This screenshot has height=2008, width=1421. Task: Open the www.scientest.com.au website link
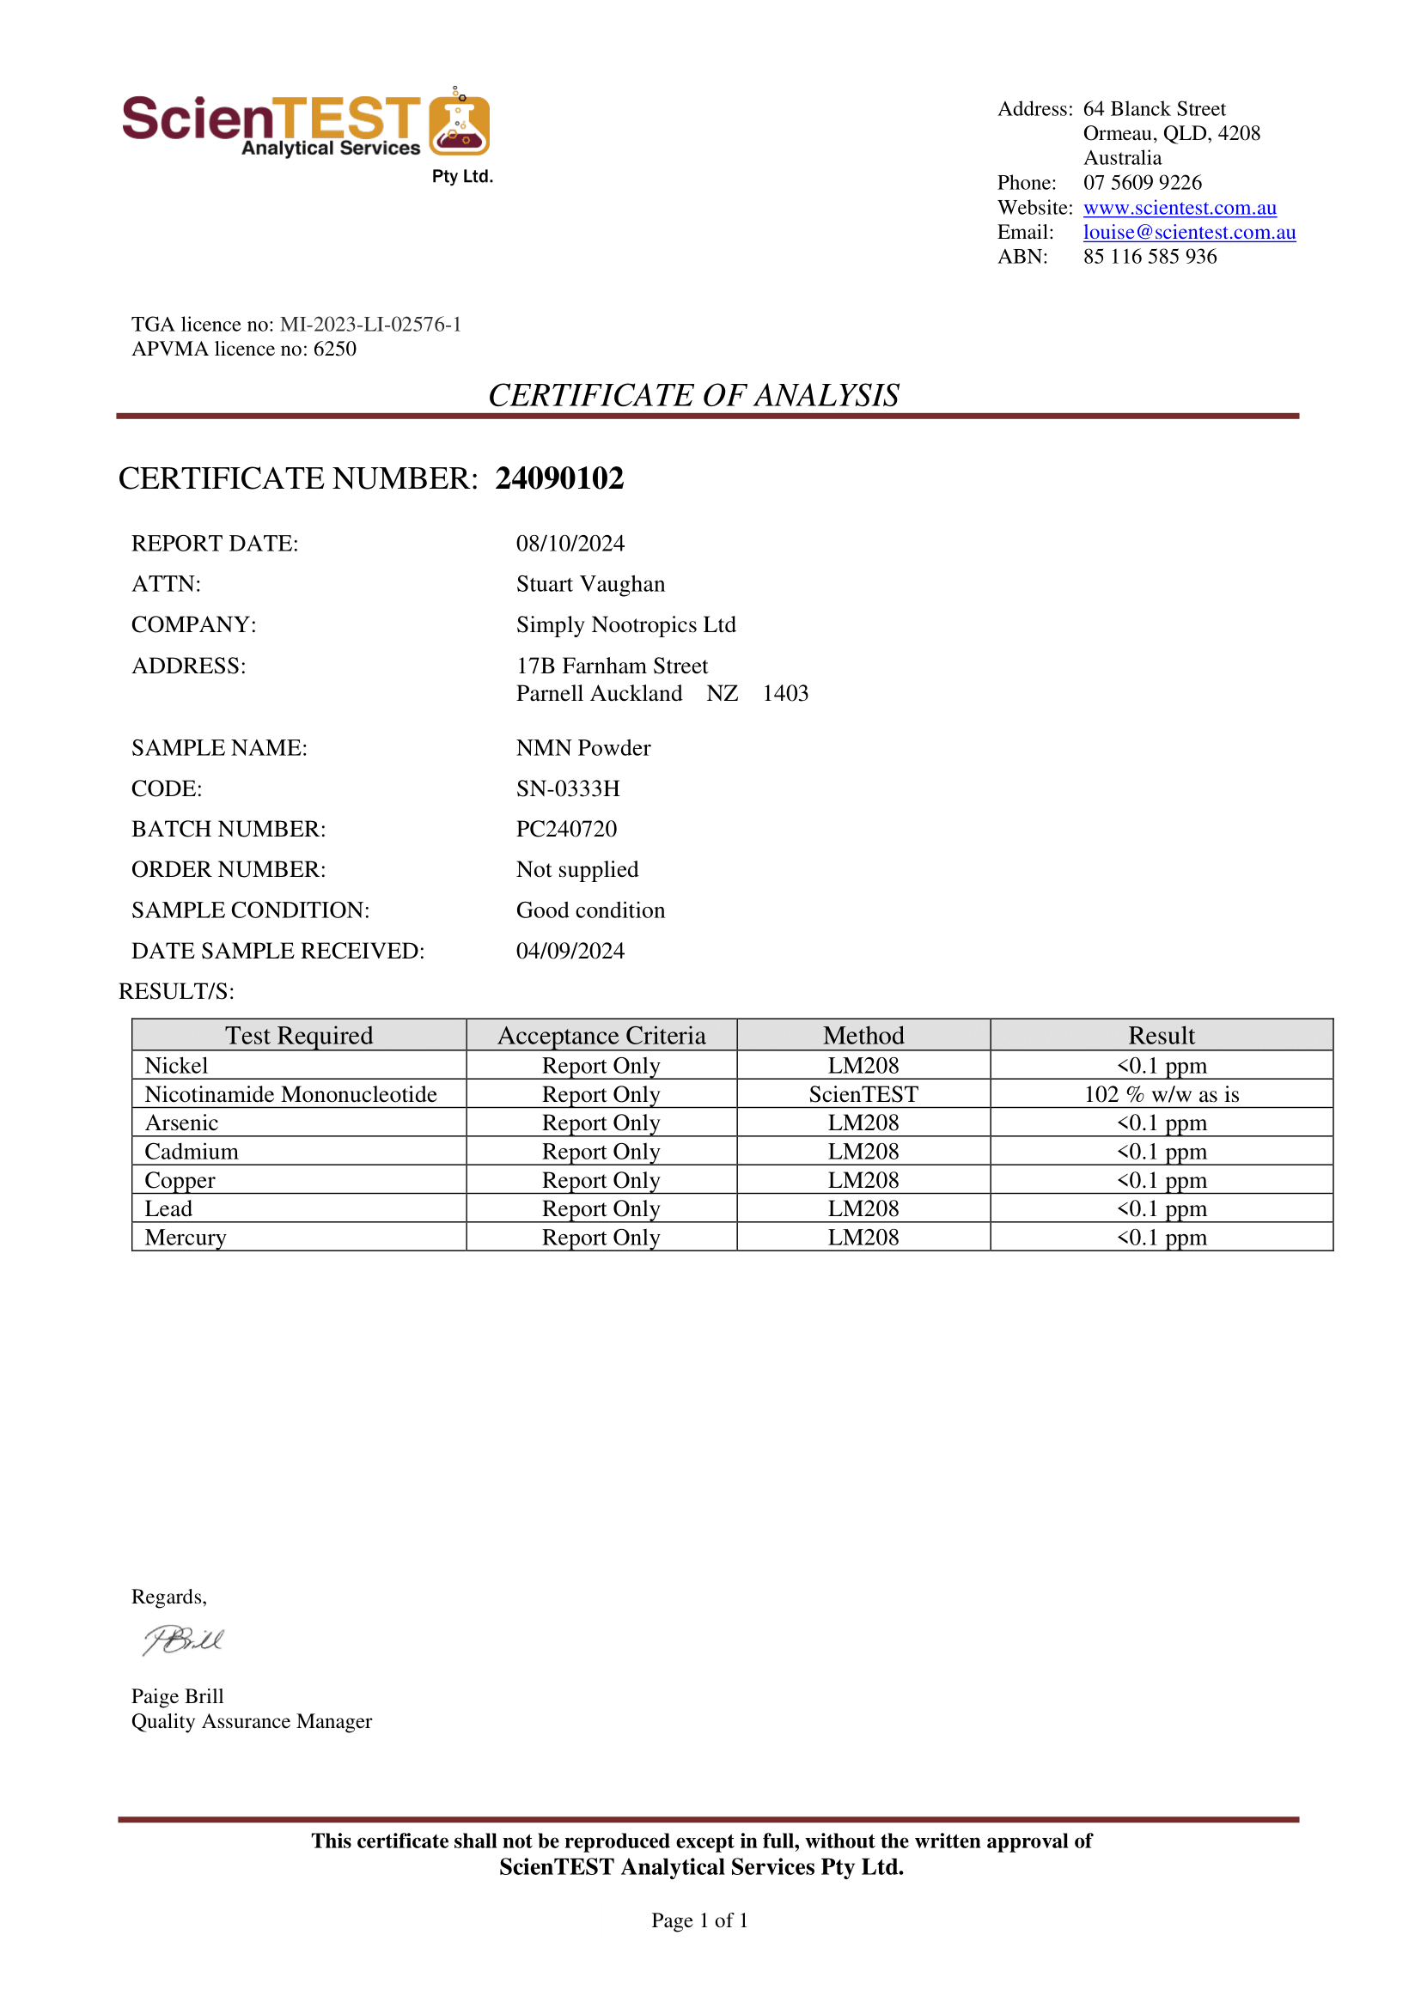(1180, 208)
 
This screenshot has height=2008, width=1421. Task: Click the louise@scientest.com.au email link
(1189, 233)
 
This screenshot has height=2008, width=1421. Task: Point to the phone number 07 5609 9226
(1142, 183)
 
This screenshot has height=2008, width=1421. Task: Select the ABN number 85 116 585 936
(1150, 257)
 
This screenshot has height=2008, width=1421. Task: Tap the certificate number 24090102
(559, 478)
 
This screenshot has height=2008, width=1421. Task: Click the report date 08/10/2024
(570, 544)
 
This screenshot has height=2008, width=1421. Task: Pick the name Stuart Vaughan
(589, 584)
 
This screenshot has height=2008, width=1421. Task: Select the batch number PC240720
(566, 829)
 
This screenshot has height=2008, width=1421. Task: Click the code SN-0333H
(568, 788)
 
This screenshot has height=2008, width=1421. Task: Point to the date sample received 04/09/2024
(570, 952)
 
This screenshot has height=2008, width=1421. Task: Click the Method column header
(863, 1036)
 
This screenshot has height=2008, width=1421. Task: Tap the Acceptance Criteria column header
(601, 1036)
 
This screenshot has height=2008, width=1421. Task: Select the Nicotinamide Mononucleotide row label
(290, 1095)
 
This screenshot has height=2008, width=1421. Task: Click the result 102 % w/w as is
(1162, 1095)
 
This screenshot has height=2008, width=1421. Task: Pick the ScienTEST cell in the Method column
(863, 1095)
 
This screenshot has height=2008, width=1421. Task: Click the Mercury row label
(186, 1238)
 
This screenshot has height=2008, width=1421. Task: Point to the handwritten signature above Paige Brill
(184, 1640)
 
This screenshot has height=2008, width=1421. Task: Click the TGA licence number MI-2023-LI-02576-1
(370, 326)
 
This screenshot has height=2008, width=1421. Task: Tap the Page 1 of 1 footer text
(699, 1921)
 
